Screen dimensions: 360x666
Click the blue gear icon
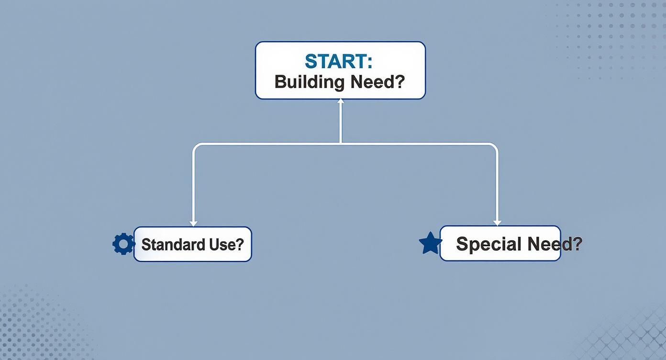tap(123, 244)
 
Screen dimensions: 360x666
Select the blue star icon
tap(430, 243)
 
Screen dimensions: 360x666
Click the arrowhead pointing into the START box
tap(340, 101)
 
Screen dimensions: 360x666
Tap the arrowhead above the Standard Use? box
tap(193, 223)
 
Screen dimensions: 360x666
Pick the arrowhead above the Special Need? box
tap(497, 223)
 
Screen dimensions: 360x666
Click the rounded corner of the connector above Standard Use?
tap(195, 146)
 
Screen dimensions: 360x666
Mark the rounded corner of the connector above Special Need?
tap(495, 146)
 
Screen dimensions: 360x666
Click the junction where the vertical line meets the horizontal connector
tap(340, 143)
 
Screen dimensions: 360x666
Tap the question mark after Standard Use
tap(240, 245)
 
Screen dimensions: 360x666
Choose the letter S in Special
tap(461, 244)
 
